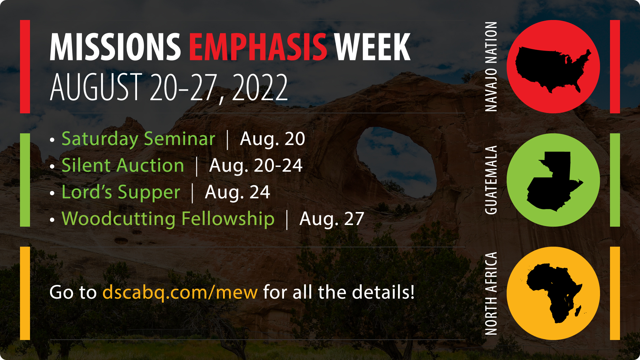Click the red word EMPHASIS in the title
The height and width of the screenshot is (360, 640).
258,47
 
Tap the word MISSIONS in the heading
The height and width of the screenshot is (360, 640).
115,47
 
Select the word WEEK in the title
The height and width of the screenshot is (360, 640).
372,47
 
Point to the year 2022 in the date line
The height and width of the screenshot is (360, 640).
259,87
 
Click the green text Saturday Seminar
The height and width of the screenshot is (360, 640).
138,139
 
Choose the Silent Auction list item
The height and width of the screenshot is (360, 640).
123,165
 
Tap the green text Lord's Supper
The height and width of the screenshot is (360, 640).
121,192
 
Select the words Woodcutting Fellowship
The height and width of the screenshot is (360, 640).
168,219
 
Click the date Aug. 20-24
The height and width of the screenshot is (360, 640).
256,165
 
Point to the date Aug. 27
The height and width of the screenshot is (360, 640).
331,219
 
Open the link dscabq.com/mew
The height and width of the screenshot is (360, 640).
180,292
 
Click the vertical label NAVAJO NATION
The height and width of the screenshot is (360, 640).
491,67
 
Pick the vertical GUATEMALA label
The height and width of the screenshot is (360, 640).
491,180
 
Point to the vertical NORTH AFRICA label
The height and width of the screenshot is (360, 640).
491,293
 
